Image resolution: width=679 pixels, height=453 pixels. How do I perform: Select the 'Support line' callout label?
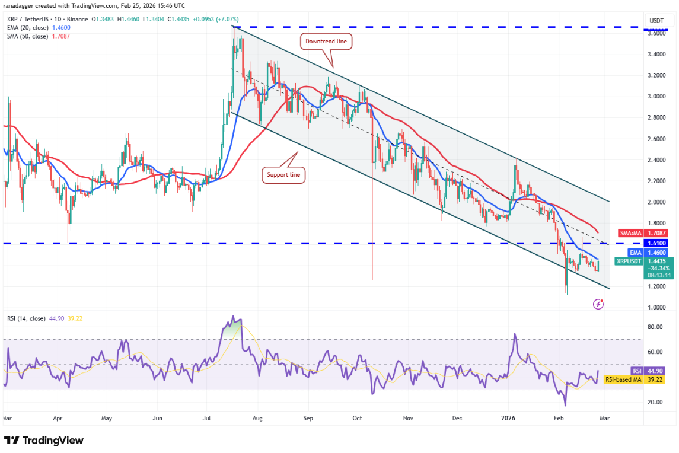coord(283,175)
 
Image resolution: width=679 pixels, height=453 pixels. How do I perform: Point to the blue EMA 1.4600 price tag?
coord(643,252)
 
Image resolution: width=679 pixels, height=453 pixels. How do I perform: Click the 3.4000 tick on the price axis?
coord(656,55)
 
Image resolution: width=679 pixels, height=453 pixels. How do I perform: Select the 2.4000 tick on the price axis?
coord(656,160)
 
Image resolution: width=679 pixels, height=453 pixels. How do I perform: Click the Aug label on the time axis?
coord(257,418)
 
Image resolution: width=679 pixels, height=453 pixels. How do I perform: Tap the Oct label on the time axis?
coord(358,418)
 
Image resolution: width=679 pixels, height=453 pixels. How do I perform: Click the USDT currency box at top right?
coord(656,20)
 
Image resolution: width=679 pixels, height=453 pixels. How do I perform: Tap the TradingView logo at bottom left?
coord(44,441)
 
